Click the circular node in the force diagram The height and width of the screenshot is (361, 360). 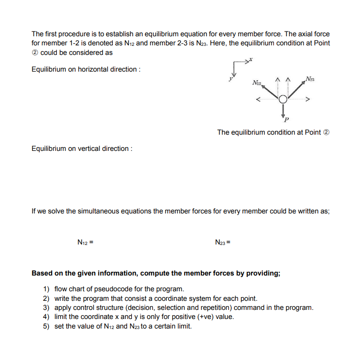click(x=283, y=99)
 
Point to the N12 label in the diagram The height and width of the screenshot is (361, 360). click(x=257, y=83)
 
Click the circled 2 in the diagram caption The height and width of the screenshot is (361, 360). click(x=327, y=132)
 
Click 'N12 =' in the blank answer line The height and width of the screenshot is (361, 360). click(x=85, y=243)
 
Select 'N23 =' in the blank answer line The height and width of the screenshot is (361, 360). click(x=224, y=243)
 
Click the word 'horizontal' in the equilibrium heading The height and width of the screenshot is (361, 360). click(x=92, y=69)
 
